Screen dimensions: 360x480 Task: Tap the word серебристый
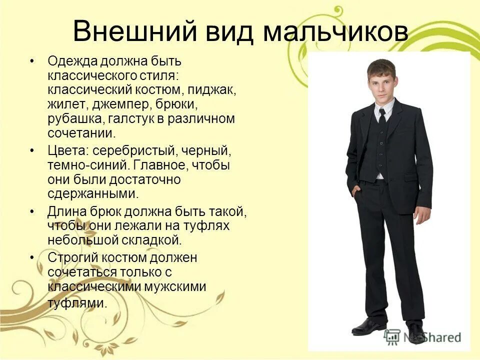coord(129,150)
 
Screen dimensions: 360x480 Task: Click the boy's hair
coord(381,67)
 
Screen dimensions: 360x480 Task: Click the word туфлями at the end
coord(77,302)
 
